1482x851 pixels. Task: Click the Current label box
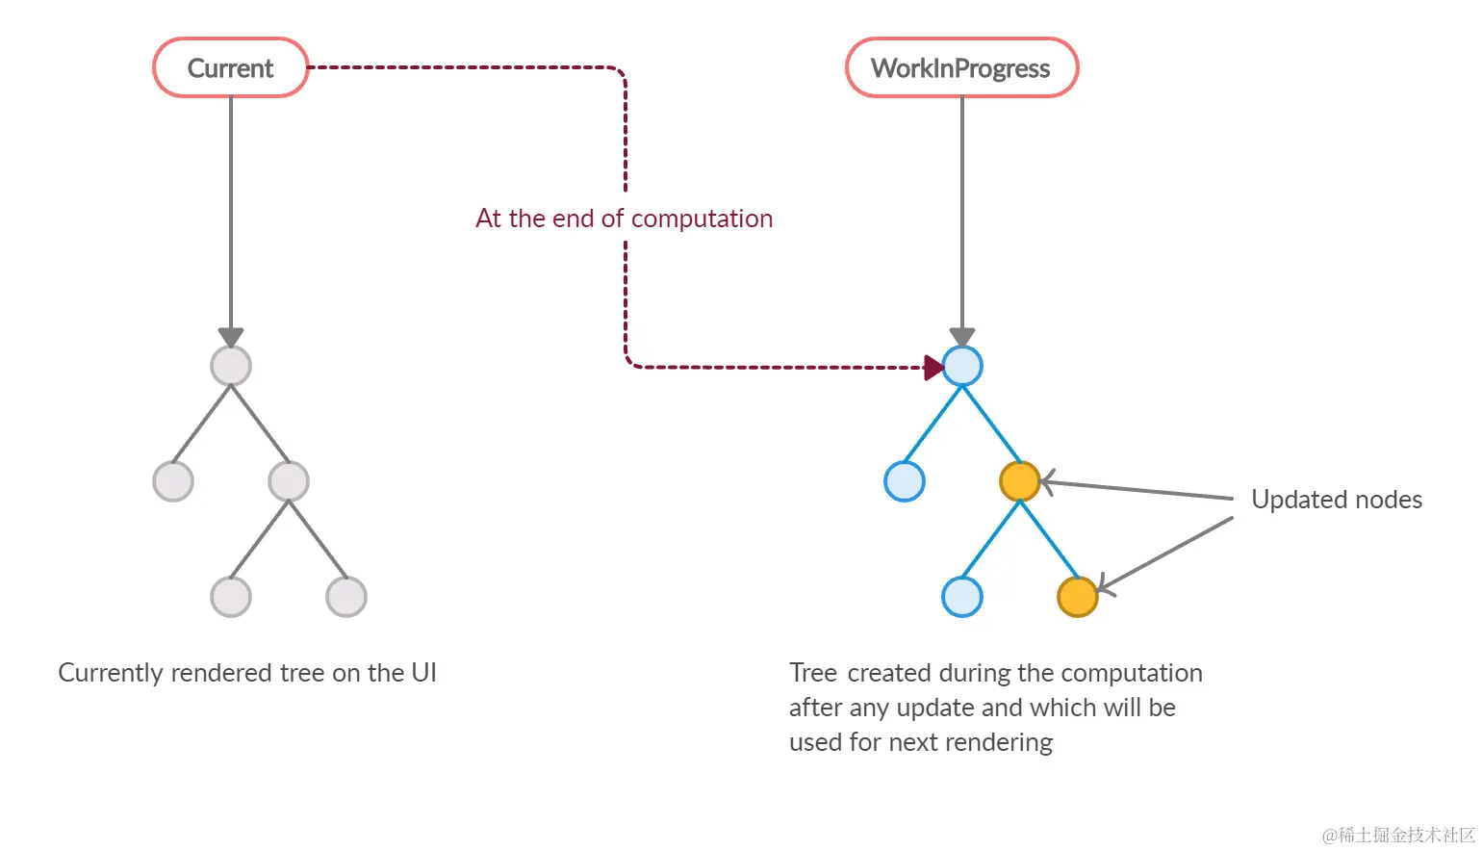pyautogui.click(x=231, y=68)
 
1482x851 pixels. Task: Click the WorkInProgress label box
pyautogui.click(x=961, y=68)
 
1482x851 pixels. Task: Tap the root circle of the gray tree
pyautogui.click(x=231, y=366)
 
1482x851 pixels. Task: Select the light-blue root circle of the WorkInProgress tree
pyautogui.click(x=962, y=366)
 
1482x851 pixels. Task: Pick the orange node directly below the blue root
pyautogui.click(x=1019, y=481)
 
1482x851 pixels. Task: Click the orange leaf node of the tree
pyautogui.click(x=1077, y=597)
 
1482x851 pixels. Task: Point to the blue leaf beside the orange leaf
pyautogui.click(x=961, y=597)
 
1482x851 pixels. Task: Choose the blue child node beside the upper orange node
pyautogui.click(x=904, y=481)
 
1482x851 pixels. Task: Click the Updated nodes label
pyautogui.click(x=1336, y=500)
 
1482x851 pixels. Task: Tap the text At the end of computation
pyautogui.click(x=624, y=219)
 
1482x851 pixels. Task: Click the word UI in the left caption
pyautogui.click(x=423, y=673)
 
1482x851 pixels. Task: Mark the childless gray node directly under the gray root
pyautogui.click(x=173, y=481)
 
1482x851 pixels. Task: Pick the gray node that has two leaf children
pyautogui.click(x=289, y=481)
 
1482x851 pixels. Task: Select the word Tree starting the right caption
pyautogui.click(x=813, y=673)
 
